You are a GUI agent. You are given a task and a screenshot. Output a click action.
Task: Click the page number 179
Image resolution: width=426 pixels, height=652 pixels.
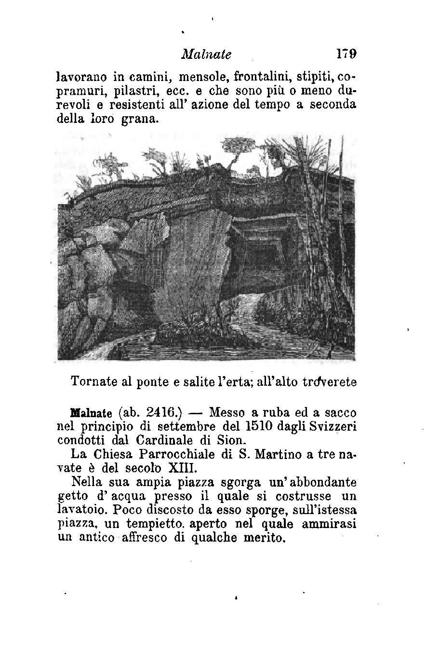(346, 54)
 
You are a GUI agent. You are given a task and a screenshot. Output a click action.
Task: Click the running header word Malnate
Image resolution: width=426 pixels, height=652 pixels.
(206, 54)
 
